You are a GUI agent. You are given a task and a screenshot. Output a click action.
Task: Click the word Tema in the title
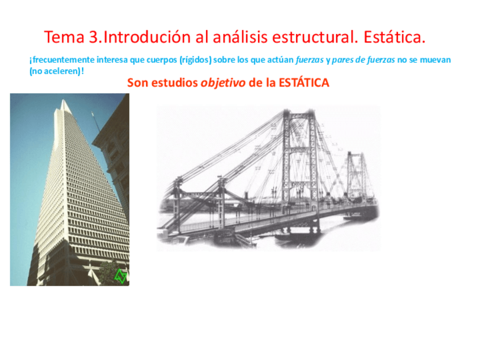[x=63, y=38]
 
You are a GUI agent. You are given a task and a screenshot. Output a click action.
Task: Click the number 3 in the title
[x=93, y=38]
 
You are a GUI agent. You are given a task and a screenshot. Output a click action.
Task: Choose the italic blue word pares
[x=343, y=60]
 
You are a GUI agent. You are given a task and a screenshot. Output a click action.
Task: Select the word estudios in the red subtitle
[x=174, y=83]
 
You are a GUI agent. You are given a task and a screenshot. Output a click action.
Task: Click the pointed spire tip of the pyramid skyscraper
[x=66, y=102]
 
